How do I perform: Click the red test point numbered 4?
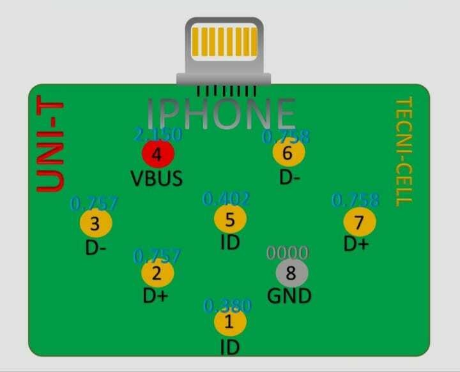pos(158,154)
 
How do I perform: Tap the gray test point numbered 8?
pos(292,273)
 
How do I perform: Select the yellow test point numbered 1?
pos(230,323)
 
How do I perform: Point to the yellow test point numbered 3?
pos(96,224)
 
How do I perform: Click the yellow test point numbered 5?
pos(230,219)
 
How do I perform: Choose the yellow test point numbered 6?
pos(288,153)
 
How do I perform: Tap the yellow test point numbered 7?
pos(360,223)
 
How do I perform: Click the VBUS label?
pos(157,178)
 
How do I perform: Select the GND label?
pos(289,296)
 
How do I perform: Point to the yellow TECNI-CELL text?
pos(402,151)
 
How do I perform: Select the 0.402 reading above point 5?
pos(226,199)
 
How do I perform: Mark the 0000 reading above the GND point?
pos(287,253)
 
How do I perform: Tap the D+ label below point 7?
pos(356,244)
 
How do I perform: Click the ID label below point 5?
pos(229,244)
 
